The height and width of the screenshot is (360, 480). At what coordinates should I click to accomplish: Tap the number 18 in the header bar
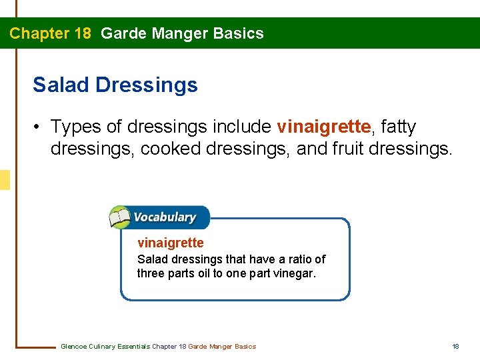(x=80, y=33)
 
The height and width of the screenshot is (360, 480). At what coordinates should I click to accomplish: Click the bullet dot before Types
(x=39, y=127)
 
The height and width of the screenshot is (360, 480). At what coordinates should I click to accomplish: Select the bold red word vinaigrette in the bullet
(x=323, y=126)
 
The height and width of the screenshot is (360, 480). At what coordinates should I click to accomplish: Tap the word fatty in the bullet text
(x=398, y=126)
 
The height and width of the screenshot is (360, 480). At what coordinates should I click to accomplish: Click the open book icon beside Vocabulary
(x=120, y=217)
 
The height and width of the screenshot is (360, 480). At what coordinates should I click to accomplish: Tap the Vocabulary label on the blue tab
(x=164, y=217)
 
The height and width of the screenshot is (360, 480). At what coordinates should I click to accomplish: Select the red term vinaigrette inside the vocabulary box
(x=170, y=243)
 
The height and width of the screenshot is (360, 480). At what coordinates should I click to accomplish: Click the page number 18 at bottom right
(x=456, y=346)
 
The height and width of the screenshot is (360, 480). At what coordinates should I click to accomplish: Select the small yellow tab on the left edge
(x=5, y=180)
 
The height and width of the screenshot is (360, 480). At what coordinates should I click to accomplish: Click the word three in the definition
(x=151, y=273)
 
